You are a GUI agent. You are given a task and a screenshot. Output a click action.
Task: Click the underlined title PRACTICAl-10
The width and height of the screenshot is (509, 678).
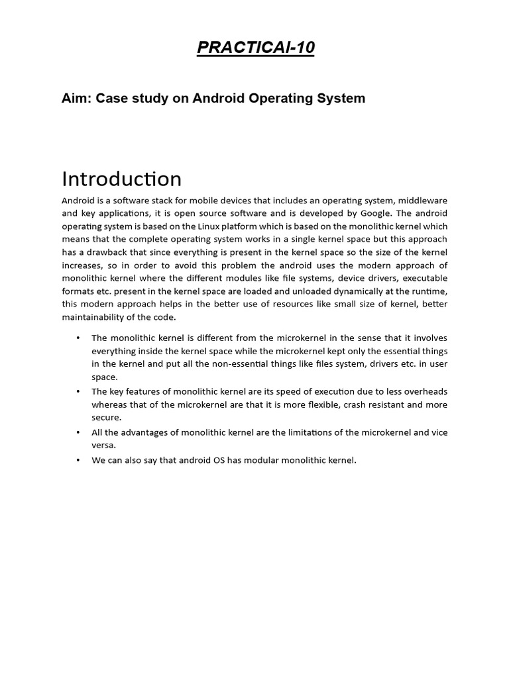tap(254, 48)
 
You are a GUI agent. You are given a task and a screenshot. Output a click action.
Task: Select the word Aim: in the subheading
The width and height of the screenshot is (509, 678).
tap(77, 99)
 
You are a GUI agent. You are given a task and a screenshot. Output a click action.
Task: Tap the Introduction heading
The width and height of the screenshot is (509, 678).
tap(121, 179)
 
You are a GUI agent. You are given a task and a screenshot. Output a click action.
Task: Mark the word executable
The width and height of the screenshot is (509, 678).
tap(421, 277)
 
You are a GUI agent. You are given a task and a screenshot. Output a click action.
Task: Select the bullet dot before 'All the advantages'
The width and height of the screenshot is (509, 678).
tap(78, 432)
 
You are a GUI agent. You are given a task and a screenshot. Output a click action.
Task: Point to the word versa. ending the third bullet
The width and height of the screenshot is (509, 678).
tap(103, 445)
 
